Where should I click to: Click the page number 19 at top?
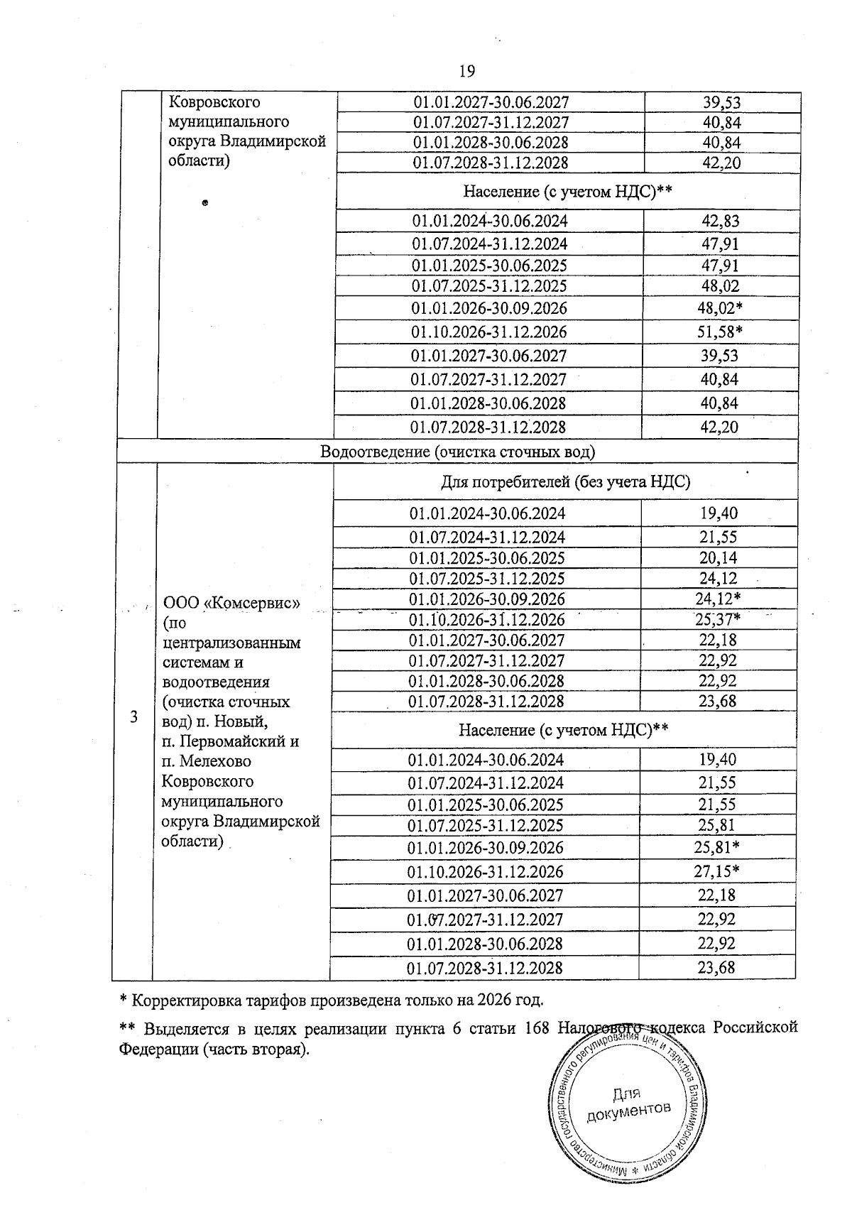466,71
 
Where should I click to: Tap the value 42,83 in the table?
721,221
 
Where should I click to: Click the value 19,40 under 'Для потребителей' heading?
718,513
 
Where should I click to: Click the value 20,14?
718,557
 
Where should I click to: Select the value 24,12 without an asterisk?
718,578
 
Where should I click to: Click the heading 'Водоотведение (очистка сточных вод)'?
458,452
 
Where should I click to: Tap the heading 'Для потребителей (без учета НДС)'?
566,482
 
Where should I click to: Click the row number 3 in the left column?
133,716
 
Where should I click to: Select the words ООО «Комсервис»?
232,603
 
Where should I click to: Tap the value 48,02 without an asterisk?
720,286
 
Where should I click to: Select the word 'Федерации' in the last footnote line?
153,1049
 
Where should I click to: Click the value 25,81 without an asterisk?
717,825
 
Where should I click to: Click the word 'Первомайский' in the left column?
239,741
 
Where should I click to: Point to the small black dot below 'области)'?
204,204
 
